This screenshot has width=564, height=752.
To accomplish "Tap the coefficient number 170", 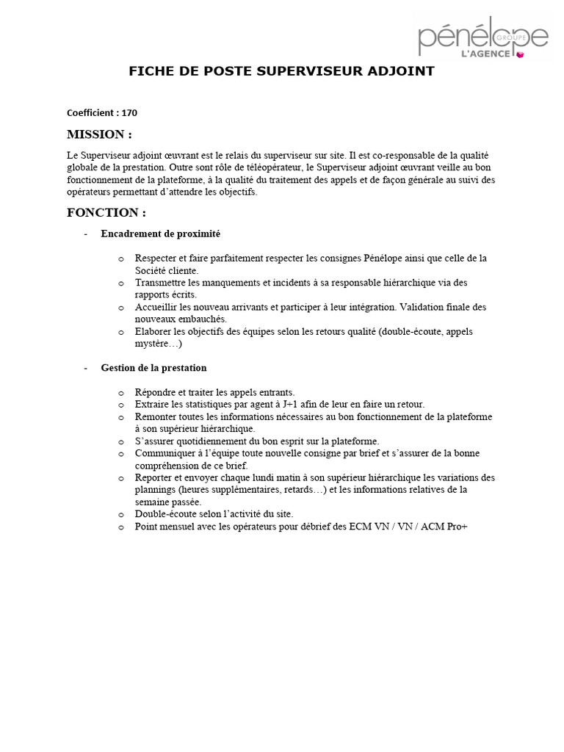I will pos(129,113).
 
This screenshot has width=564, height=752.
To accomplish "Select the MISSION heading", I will pos(99,134).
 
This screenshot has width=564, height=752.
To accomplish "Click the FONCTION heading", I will pos(106,213).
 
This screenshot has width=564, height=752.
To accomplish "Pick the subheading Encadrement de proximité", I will pos(160,234).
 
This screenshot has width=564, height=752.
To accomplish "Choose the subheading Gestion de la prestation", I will pos(153,367).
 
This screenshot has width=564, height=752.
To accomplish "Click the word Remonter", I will pos(156,416).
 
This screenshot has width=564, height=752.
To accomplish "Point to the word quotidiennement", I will pos(211,441).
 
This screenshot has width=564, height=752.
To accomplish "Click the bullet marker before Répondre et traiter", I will pos(121,392).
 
